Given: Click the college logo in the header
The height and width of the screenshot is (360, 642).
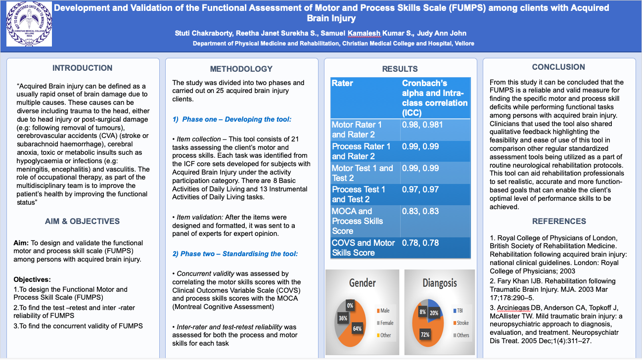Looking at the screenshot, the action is coord(29,24).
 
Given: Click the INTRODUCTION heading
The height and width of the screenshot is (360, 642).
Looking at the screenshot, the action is coord(82,68).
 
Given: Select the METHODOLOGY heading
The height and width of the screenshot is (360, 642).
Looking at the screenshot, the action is coord(241,69).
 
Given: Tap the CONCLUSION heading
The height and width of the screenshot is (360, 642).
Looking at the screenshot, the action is coord(558,67).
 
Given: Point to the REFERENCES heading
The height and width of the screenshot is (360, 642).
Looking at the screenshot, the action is coord(559,221).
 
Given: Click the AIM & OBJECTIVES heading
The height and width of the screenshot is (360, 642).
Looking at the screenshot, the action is coord(82,221).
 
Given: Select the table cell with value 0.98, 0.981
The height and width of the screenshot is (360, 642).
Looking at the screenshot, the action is coord(435,130).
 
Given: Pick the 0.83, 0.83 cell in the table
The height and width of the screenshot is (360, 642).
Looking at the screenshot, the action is coord(435,221).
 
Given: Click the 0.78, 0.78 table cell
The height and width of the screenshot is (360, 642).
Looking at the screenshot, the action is coord(435,248).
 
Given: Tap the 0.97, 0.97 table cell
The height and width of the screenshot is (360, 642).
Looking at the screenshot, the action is coord(435,195).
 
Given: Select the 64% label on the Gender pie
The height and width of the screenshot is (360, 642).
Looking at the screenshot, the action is coord(357,329).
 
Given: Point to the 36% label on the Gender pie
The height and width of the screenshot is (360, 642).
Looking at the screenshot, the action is coord(343,318).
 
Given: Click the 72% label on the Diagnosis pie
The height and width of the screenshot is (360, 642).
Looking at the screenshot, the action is coord(425,335).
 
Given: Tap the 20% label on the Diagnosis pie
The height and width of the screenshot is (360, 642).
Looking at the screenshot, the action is coord(434,313).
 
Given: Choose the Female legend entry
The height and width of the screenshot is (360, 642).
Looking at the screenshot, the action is coord(385,323).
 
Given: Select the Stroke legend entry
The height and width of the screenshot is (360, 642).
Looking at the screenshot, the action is coord(461,323).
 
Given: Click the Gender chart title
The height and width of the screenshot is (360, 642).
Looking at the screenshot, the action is coord(362,283).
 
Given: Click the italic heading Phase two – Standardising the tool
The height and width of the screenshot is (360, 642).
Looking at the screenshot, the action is coord(235,254).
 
